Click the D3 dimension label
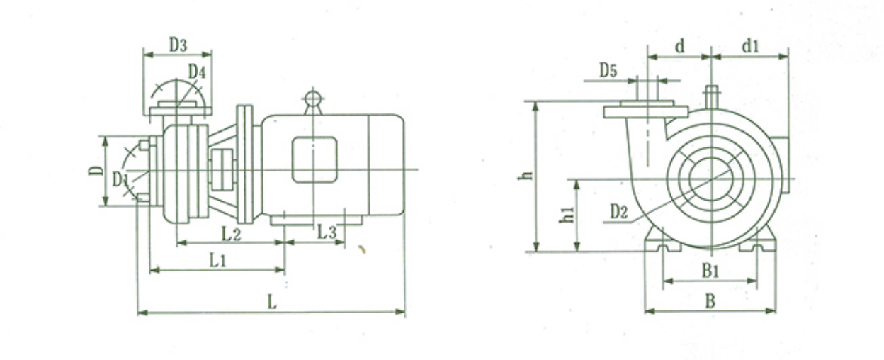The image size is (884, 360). click(x=178, y=45)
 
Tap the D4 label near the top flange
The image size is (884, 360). click(x=197, y=72)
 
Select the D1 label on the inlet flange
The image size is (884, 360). click(x=120, y=179)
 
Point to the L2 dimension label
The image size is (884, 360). click(x=231, y=235)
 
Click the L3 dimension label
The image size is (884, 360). click(x=327, y=232)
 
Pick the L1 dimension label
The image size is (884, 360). click(x=217, y=261)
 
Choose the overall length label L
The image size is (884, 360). click(x=272, y=303)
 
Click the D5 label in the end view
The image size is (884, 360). click(x=608, y=71)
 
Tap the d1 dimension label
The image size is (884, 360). click(x=750, y=46)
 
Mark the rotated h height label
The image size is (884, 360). click(x=526, y=175)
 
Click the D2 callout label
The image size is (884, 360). click(x=619, y=212)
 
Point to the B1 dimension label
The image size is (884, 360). click(x=710, y=271)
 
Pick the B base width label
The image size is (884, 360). click(x=710, y=301)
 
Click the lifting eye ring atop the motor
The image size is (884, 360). click(x=312, y=98)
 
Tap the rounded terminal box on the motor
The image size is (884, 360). click(x=314, y=159)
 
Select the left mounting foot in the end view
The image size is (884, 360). click(x=662, y=240)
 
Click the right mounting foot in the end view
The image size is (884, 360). click(x=758, y=240)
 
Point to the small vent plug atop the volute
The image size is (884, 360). click(x=711, y=96)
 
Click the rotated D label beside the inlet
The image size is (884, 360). click(x=96, y=171)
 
